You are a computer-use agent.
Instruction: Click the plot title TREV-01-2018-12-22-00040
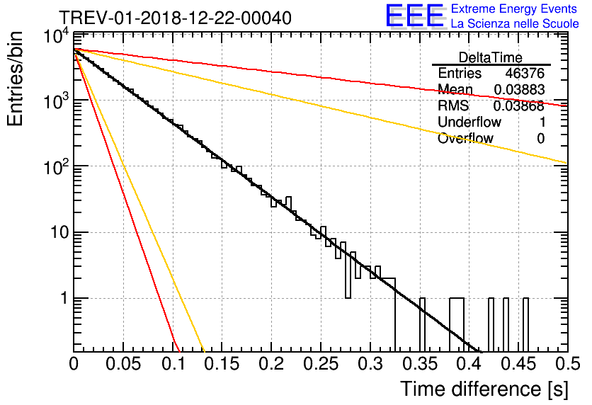[175, 18]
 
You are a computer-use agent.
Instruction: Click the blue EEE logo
[415, 16]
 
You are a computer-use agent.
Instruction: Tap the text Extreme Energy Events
[514, 8]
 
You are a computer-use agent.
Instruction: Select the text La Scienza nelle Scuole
[515, 24]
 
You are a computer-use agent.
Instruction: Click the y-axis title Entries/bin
[15, 79]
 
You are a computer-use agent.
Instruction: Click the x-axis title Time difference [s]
[484, 389]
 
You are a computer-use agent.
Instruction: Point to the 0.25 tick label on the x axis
[321, 364]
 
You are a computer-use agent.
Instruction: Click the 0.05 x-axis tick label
[123, 364]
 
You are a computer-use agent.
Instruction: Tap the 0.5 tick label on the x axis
[567, 364]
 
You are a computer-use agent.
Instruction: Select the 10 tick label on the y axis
[60, 232]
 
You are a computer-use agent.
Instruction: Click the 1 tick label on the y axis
[64, 298]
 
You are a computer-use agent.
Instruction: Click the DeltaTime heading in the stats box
[491, 57]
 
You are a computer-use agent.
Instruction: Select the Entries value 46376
[525, 73]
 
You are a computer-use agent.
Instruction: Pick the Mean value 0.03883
[519, 89]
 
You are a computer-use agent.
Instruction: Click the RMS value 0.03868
[519, 106]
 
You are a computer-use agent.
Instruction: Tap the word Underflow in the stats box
[469, 122]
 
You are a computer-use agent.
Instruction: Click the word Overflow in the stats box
[465, 139]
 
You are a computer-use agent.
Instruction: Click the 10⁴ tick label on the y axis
[57, 36]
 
